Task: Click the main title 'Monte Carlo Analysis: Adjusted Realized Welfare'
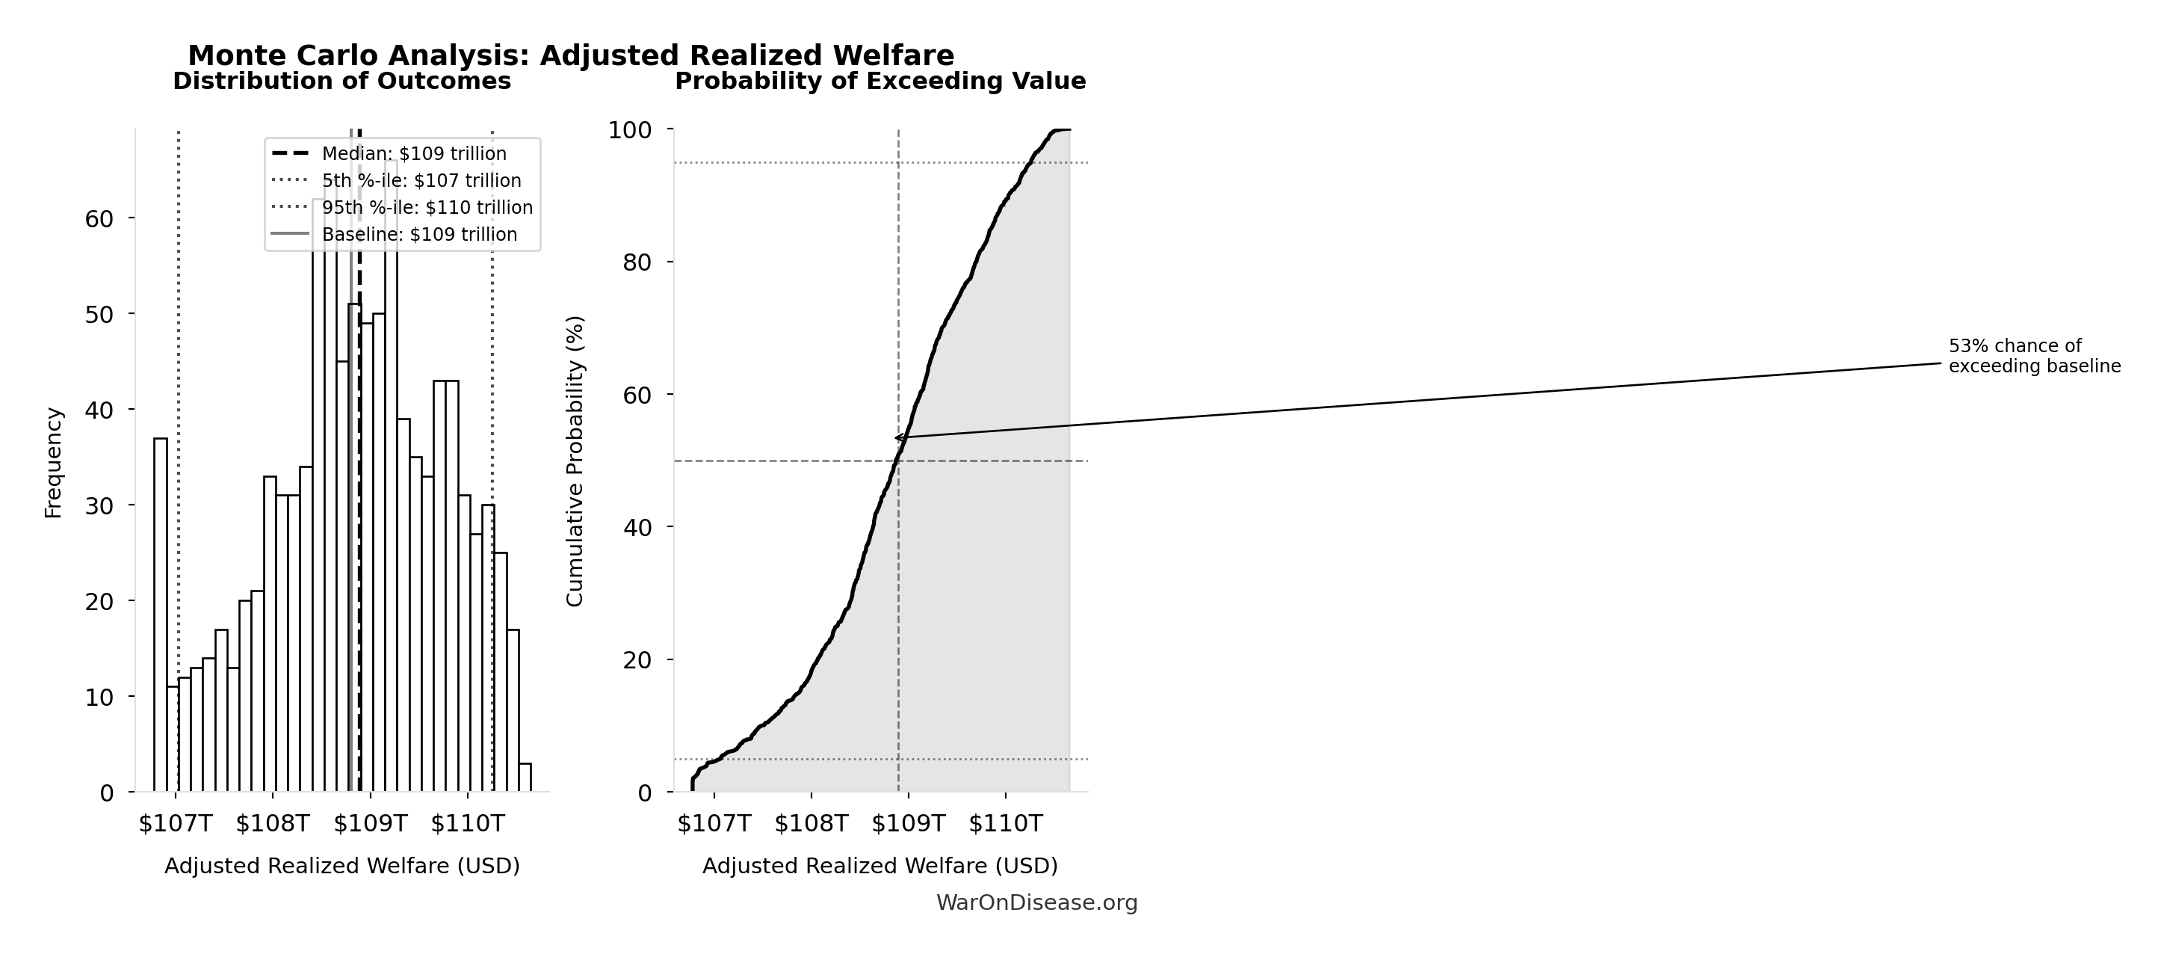pos(570,55)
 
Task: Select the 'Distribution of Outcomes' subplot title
pos(342,81)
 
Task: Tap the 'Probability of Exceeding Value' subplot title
pos(880,81)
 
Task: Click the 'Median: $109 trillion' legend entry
pos(414,154)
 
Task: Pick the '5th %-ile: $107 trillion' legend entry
pos(421,181)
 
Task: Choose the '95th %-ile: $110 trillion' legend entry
pos(427,208)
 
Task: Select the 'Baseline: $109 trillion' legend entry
pos(419,235)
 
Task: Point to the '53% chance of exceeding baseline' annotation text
pos(2035,356)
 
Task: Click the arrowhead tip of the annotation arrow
pos(895,437)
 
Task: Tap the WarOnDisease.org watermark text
pos(1036,903)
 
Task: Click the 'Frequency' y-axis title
pos(53,463)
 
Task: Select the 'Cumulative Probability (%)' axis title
pos(575,461)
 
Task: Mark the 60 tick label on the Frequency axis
pos(99,219)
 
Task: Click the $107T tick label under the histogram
pos(176,823)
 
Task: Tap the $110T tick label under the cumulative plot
pos(1006,823)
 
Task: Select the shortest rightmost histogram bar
pos(525,778)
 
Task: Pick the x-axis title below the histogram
pos(342,867)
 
